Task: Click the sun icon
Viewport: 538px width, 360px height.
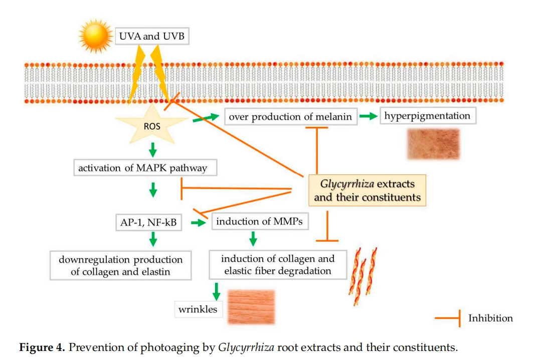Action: point(95,36)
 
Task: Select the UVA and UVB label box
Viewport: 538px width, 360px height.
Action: point(152,36)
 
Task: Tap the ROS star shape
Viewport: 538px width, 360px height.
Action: point(152,124)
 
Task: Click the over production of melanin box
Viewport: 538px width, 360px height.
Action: point(291,117)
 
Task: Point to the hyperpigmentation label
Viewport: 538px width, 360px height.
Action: point(428,116)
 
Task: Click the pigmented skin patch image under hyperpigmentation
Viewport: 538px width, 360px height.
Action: point(433,144)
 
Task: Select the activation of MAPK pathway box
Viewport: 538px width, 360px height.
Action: point(145,167)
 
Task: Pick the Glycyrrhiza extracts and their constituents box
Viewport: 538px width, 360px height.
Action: point(367,191)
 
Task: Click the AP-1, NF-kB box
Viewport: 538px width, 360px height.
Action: point(148,223)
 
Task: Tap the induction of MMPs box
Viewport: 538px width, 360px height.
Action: point(260,221)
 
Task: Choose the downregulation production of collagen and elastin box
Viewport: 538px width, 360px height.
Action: point(120,266)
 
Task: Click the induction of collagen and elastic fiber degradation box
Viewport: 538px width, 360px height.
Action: point(278,265)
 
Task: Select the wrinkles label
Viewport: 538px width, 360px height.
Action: point(199,309)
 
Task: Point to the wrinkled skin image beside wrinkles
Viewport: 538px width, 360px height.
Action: point(252,307)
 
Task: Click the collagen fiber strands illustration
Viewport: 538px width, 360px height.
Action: point(363,276)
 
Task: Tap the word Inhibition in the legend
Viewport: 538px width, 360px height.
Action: point(490,318)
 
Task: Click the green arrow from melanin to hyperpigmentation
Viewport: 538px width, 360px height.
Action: point(369,116)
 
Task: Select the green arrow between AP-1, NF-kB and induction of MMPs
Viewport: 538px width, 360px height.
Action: point(199,223)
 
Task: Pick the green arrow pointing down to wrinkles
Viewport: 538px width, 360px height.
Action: point(216,291)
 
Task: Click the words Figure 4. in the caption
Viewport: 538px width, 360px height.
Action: point(42,347)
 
